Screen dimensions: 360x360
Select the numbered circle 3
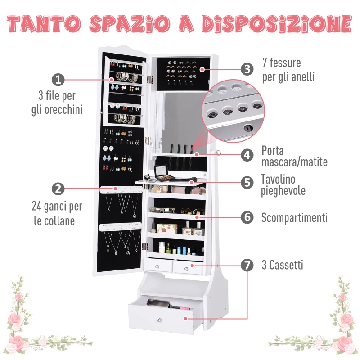pyautogui.click(x=247, y=69)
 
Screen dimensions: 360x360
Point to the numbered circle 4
pyautogui.click(x=247, y=155)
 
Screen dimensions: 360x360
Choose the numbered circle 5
pyautogui.click(x=247, y=182)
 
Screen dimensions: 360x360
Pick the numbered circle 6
pyautogui.click(x=247, y=217)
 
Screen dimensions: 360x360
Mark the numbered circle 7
pyautogui.click(x=247, y=265)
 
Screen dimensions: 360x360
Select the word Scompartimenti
pyautogui.click(x=294, y=218)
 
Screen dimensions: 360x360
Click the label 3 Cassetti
pyautogui.click(x=282, y=265)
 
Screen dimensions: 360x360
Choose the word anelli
pyautogui.click(x=302, y=76)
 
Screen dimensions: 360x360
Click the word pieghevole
pyautogui.click(x=283, y=191)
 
